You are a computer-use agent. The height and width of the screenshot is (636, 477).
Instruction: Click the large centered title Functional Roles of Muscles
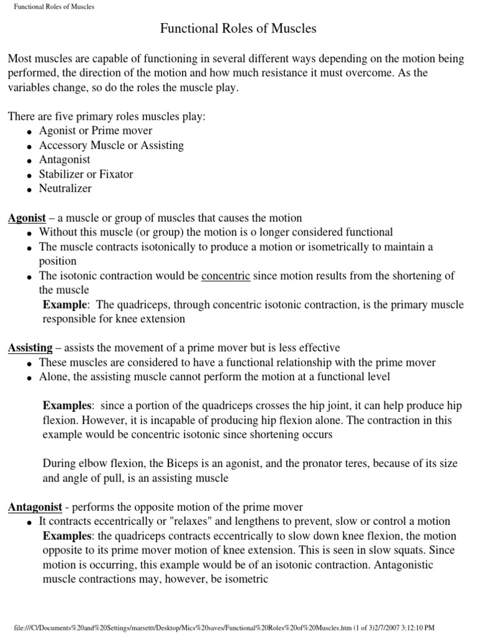pos(238,29)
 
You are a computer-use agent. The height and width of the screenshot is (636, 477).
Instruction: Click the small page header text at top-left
pos(54,7)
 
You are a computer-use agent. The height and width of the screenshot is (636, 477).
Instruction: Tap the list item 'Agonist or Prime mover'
pos(95,130)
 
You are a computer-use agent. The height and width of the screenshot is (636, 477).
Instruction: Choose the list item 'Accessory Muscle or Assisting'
pos(111,145)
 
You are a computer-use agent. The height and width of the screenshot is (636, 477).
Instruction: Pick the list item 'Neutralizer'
pos(65,188)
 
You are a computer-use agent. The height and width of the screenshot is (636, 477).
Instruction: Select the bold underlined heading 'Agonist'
pos(27,217)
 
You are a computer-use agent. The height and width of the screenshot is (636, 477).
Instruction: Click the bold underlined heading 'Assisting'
pos(28,347)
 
